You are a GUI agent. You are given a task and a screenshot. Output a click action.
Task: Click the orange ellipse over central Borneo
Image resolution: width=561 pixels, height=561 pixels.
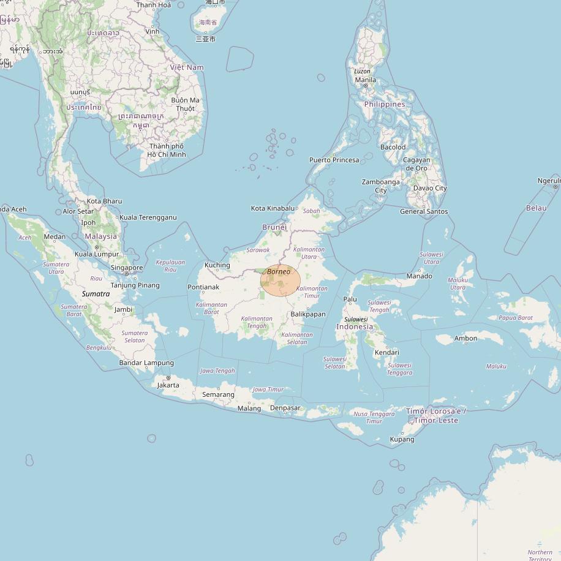click(x=280, y=282)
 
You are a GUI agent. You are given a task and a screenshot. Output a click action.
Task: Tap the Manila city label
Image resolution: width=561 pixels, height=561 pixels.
click(x=366, y=80)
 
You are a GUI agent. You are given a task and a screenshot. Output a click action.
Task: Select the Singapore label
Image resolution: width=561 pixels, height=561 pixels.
click(x=127, y=268)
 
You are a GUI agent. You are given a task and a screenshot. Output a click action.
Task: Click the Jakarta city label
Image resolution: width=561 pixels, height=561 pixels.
click(x=168, y=385)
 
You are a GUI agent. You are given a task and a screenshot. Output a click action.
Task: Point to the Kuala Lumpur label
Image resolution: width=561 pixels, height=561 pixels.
click(x=97, y=254)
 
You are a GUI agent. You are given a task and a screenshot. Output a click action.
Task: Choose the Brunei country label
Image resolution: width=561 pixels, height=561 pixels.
click(x=274, y=227)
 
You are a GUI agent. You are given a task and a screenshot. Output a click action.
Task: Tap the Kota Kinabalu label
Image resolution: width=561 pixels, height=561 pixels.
click(x=273, y=208)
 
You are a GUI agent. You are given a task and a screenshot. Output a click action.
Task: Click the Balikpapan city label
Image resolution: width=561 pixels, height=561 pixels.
click(x=308, y=314)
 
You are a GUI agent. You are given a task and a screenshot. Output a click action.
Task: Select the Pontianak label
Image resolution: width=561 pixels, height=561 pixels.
click(x=203, y=287)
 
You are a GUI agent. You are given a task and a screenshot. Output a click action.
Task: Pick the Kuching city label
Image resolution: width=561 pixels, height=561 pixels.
click(x=217, y=265)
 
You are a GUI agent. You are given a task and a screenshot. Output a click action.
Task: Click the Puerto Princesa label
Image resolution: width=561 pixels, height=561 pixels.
click(x=334, y=160)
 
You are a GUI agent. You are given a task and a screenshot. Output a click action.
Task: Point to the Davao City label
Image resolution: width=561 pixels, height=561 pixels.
click(x=430, y=188)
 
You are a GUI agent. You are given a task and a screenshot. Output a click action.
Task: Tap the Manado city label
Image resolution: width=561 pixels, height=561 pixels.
click(x=420, y=276)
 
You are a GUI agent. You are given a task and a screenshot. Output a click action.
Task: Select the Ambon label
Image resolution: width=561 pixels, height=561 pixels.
click(x=465, y=338)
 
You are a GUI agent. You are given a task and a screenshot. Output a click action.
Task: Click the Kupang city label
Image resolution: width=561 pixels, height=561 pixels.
click(x=402, y=439)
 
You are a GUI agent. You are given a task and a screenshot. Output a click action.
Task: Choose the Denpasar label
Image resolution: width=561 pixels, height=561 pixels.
click(x=285, y=408)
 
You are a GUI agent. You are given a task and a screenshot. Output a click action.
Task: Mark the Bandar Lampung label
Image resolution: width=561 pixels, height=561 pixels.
click(x=146, y=363)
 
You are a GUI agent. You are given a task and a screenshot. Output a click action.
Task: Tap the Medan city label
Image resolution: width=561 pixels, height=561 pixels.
click(x=55, y=237)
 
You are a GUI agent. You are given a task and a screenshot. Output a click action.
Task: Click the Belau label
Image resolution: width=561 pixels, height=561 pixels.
click(x=537, y=208)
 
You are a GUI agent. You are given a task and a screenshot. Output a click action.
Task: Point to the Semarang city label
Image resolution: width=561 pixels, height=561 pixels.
click(x=219, y=394)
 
